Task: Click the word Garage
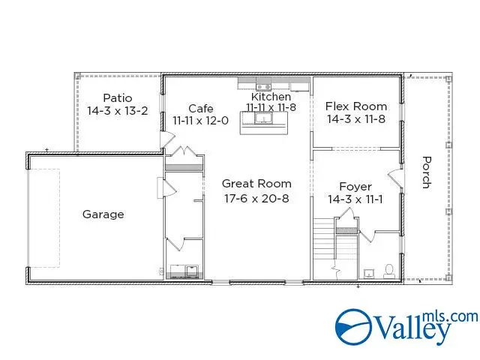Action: click(x=103, y=214)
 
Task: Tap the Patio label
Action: click(x=118, y=97)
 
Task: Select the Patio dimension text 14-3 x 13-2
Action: click(x=118, y=110)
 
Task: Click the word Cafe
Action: click(x=200, y=108)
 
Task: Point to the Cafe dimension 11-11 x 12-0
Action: click(x=200, y=120)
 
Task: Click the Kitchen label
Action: click(x=271, y=97)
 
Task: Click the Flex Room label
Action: click(x=355, y=106)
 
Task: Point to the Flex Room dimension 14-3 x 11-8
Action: click(x=355, y=118)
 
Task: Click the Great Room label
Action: click(x=256, y=184)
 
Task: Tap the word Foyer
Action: click(x=355, y=187)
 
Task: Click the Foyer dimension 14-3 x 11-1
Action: click(x=355, y=199)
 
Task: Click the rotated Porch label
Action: click(x=426, y=172)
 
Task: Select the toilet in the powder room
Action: click(x=388, y=270)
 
